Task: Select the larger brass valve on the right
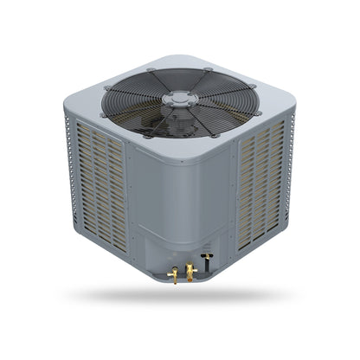point(189,271)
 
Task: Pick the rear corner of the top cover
point(180,60)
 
